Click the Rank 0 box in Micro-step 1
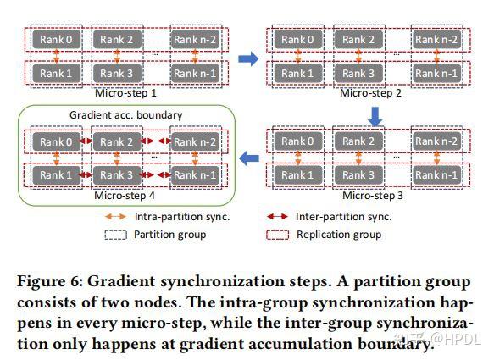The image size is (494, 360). point(57,40)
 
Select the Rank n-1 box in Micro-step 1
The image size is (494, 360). point(195,74)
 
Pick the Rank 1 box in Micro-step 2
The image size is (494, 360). point(294,74)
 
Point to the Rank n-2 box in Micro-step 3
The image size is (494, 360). point(436,141)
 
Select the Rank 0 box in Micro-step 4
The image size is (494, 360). point(57,141)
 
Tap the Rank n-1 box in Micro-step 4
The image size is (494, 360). point(195,175)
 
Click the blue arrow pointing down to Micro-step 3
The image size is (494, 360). point(375,114)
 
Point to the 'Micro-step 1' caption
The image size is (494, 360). point(125,92)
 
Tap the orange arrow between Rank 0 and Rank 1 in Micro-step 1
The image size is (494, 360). point(57,57)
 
